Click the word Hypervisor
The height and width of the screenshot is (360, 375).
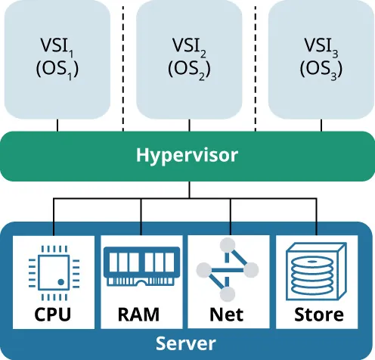click(x=187, y=156)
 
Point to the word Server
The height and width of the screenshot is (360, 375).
click(x=187, y=343)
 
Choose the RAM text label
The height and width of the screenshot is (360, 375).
click(x=141, y=313)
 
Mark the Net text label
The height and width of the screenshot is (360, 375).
click(x=228, y=313)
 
